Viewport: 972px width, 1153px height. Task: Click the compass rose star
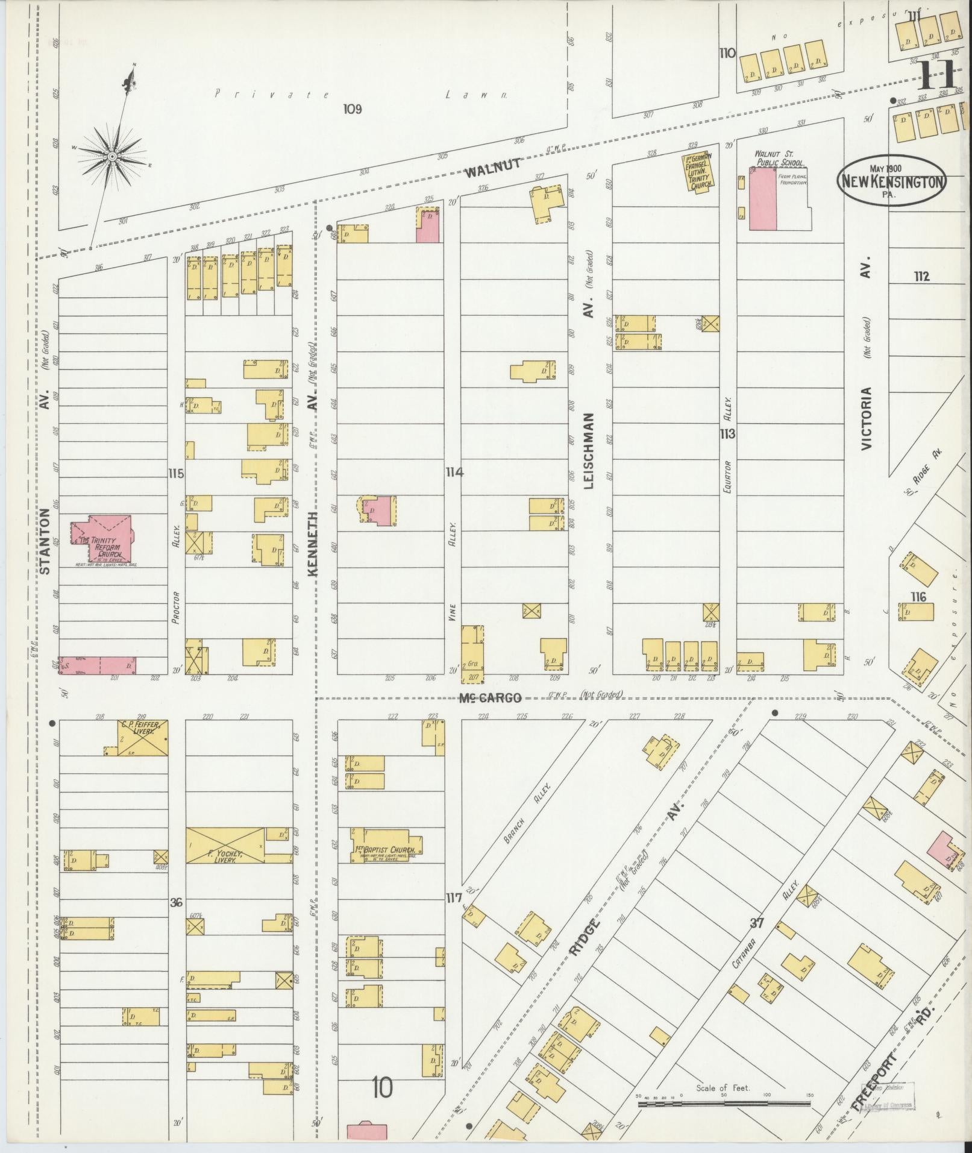112,157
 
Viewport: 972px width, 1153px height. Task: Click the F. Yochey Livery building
225,846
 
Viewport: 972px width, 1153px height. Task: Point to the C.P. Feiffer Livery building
143,738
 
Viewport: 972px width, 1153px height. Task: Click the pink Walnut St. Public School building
763,198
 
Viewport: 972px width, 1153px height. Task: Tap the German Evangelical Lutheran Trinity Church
700,171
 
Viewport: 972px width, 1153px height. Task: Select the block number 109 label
352,109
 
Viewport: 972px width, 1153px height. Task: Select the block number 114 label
454,473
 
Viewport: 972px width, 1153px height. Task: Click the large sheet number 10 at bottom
382,1087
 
